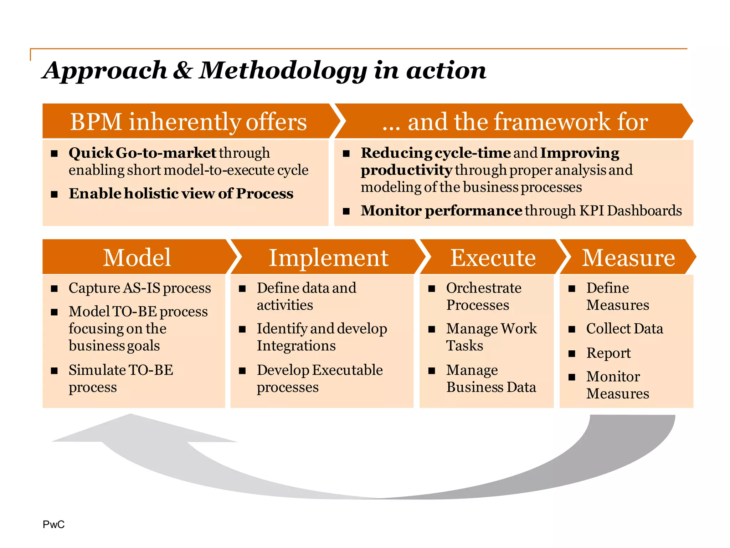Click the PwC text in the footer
[x=53, y=524]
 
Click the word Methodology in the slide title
[x=283, y=70]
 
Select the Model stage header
[x=137, y=257]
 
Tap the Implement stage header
[x=328, y=257]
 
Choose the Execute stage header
[x=493, y=257]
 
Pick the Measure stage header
[x=628, y=257]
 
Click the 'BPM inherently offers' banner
[x=188, y=122]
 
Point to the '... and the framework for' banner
[x=515, y=122]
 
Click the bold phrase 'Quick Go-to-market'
[x=142, y=153]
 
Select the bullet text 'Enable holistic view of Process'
[x=181, y=193]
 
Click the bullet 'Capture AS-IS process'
[x=140, y=288]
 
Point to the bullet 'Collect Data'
[x=624, y=329]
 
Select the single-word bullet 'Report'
[x=608, y=353]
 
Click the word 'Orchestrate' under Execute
[x=484, y=288]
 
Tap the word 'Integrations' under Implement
[x=296, y=346]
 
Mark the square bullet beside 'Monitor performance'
[x=346, y=211]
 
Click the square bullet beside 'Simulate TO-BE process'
[x=54, y=371]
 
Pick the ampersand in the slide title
[x=183, y=70]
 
